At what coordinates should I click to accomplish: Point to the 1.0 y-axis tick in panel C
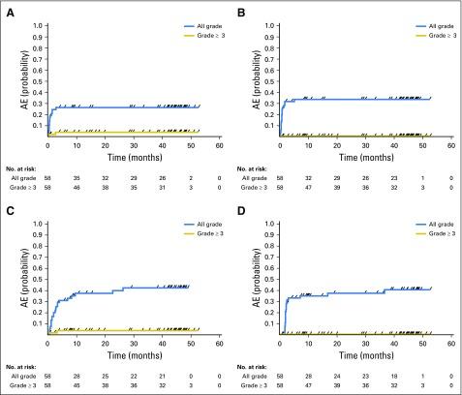(38, 224)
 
